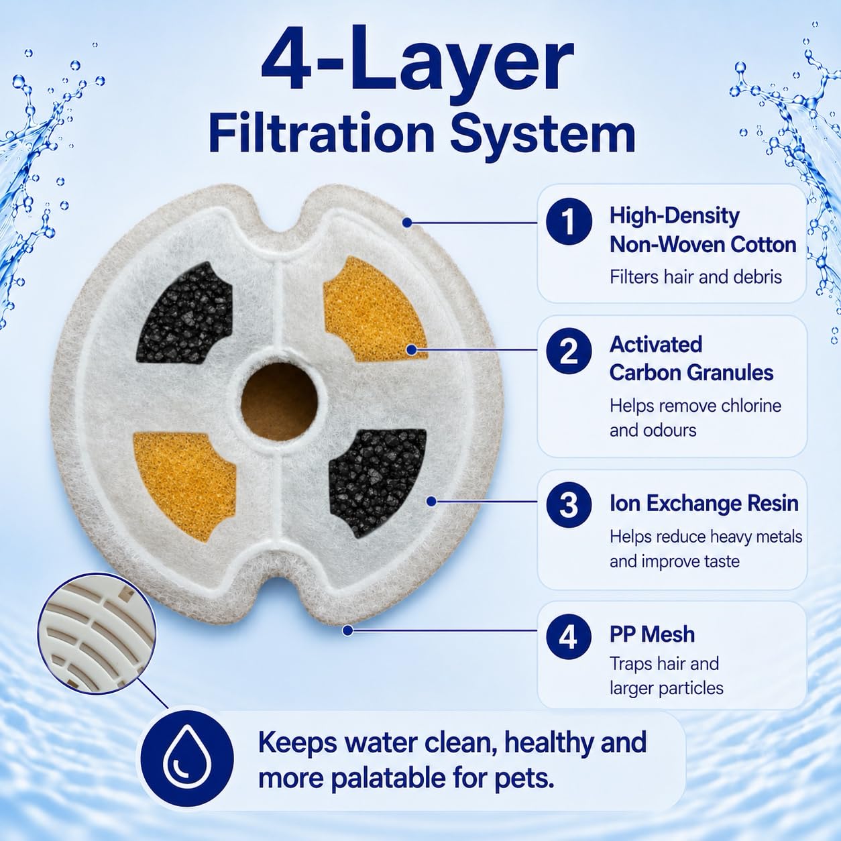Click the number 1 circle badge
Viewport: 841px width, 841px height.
[x=569, y=222]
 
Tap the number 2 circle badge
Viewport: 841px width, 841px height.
[x=569, y=351]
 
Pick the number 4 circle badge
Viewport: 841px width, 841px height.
[x=569, y=636]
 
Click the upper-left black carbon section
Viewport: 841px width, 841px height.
[x=184, y=313]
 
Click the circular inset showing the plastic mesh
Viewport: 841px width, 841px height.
[x=96, y=634]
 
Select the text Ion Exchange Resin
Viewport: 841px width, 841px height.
[x=704, y=503]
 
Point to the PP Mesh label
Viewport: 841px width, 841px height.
[x=652, y=634]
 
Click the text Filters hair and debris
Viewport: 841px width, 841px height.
[x=695, y=277]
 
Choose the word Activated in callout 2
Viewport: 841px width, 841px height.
[x=656, y=344]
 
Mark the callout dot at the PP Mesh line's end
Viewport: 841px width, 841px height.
[x=348, y=630]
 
